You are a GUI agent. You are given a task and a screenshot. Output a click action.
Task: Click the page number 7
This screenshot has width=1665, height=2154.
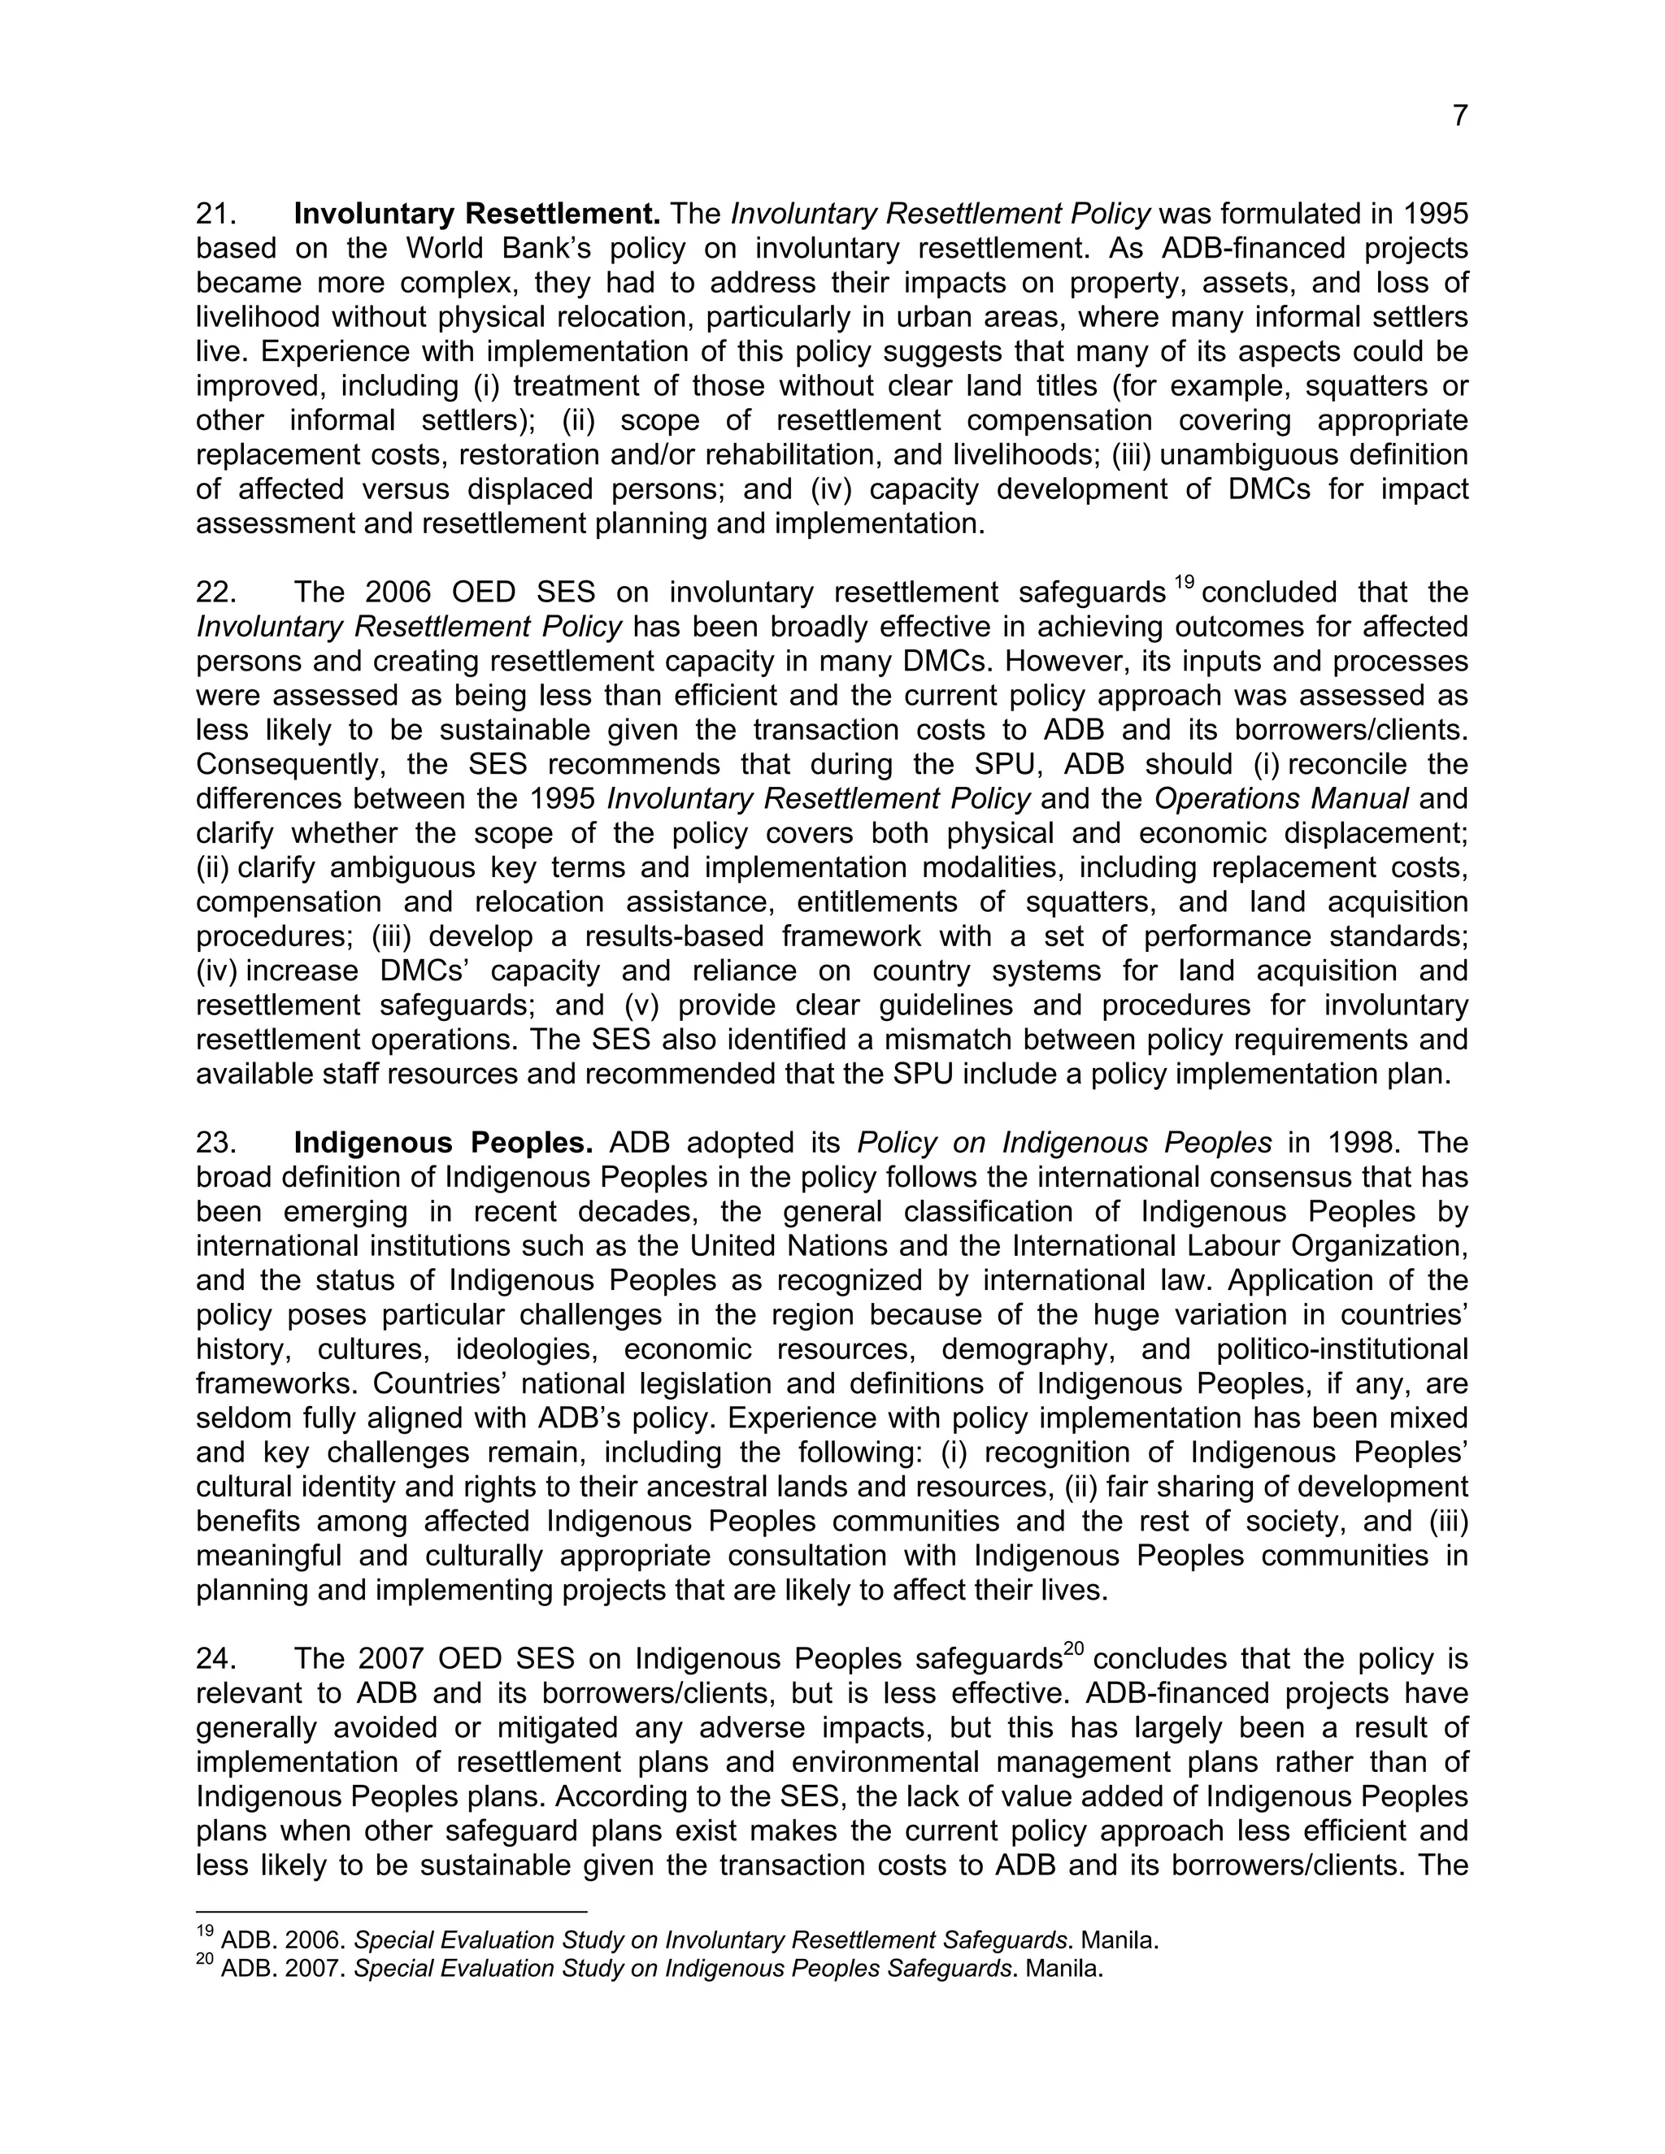[1460, 116]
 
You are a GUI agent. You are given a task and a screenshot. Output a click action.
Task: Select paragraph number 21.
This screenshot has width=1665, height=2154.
[214, 214]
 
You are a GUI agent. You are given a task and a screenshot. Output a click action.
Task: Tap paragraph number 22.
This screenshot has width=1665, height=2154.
[214, 593]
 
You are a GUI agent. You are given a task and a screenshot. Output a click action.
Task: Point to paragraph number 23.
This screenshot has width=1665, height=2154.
[214, 1143]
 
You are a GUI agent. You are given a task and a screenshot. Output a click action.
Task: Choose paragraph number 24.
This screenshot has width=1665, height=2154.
[214, 1660]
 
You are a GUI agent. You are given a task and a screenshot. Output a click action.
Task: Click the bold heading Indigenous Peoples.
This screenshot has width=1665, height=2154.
[443, 1143]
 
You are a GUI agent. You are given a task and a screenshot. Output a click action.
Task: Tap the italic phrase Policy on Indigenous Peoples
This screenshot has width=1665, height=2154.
[1064, 1143]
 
